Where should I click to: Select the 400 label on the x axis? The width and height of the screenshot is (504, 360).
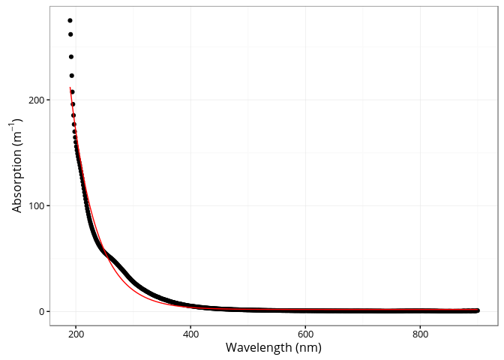(x=190, y=334)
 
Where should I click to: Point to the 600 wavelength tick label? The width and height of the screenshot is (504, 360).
(x=305, y=334)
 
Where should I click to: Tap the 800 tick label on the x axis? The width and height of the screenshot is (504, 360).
(x=421, y=334)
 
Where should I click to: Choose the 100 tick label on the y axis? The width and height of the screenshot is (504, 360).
(x=34, y=205)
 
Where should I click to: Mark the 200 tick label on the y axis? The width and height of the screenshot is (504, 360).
(x=34, y=100)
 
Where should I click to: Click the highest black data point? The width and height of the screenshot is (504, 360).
(x=70, y=20)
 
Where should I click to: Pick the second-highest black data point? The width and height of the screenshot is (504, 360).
(x=70, y=34)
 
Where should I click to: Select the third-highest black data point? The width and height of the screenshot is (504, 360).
(x=71, y=56)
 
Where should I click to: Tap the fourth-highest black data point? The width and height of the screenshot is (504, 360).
(x=72, y=75)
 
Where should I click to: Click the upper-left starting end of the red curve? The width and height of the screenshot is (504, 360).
(x=70, y=88)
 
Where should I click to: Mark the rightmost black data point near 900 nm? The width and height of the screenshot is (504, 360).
(x=477, y=310)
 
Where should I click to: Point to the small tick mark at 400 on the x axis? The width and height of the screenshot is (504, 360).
(x=190, y=328)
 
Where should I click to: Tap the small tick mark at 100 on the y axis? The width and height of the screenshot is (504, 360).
(x=47, y=205)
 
